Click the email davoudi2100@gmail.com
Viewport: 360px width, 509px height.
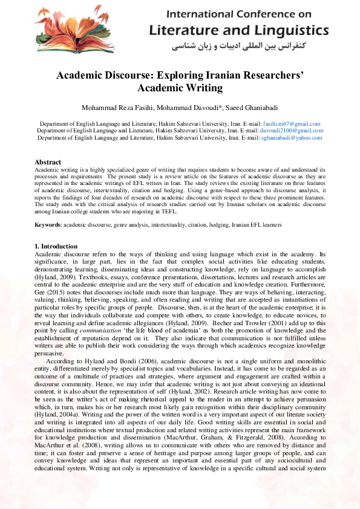click(292, 130)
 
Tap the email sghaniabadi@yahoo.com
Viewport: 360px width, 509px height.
click(292, 137)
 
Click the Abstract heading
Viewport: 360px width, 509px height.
click(48, 162)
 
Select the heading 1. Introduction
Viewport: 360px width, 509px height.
click(56, 246)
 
